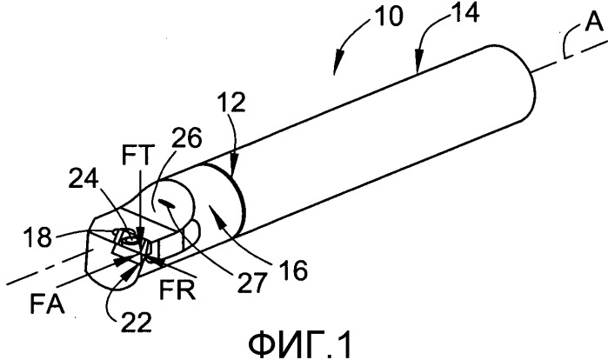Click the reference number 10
[x=390, y=17]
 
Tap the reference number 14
[x=465, y=12]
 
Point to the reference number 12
[x=231, y=103]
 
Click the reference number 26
[x=187, y=137]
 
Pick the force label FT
[x=138, y=155]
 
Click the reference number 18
[x=37, y=237]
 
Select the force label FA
[x=47, y=303]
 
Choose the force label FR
[x=177, y=289]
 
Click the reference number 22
[x=136, y=322]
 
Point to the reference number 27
[x=253, y=282]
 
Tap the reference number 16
[x=293, y=270]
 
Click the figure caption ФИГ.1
[x=300, y=345]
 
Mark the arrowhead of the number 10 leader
[x=337, y=66]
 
